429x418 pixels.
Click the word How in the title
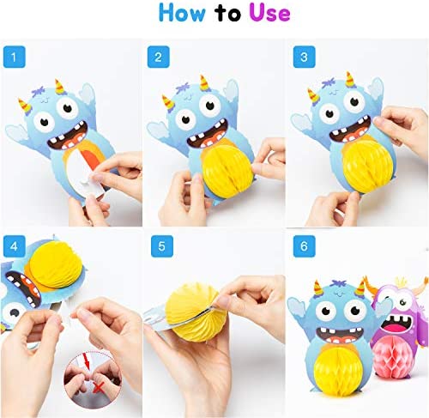pos(182,13)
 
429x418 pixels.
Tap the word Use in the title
pos(269,13)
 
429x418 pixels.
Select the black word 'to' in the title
pos(228,14)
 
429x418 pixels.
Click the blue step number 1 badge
pos(15,57)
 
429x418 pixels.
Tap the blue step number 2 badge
pos(159,57)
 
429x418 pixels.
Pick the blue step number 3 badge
pos(305,57)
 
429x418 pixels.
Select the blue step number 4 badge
pos(15,246)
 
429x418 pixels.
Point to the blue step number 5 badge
pos(162,246)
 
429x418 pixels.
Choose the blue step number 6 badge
pos(305,246)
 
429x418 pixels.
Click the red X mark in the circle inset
pos(99,388)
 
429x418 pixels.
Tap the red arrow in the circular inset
pos(87,361)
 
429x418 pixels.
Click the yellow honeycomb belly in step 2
pos(228,171)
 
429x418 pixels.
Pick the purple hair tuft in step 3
pos(329,82)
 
